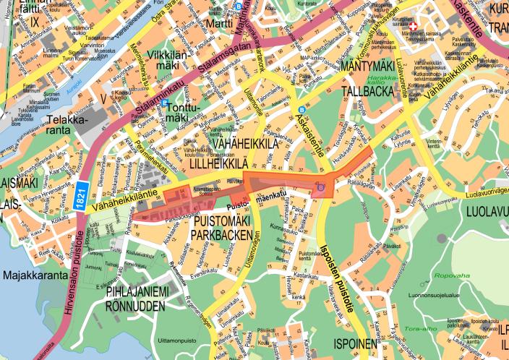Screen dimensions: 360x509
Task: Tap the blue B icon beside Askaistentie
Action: coord(301,111)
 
